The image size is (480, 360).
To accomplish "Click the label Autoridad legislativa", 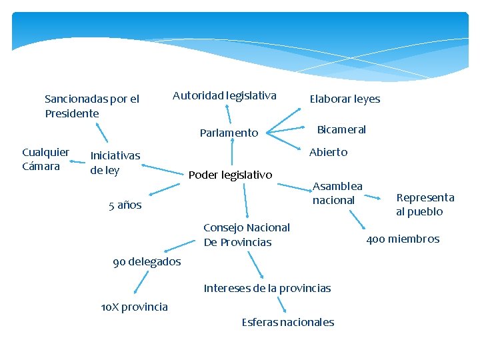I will coord(224,95).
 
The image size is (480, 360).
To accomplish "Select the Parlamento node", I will coord(229,133).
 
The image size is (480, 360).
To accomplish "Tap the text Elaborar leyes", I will coord(345,99).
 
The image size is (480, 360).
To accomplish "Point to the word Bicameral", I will coord(341,129).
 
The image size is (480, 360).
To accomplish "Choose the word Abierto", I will coord(328,152).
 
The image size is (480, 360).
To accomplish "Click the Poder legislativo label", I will coord(231,175).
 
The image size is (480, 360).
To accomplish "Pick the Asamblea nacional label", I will coord(337,193).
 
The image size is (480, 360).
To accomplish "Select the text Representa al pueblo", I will coord(425,205).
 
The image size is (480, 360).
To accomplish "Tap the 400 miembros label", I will coord(403,239).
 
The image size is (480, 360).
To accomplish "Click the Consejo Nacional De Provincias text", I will coord(246,235).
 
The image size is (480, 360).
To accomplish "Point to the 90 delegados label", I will coord(147,261).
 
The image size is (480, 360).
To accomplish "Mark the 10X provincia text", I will coord(134,307).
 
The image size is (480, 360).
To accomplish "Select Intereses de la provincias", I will coord(267,288).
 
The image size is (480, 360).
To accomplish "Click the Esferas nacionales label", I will coord(287,322).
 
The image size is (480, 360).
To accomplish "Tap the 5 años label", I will coord(125,205).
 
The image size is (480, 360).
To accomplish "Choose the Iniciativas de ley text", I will coord(115,162).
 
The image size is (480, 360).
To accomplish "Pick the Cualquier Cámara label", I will coord(45,159).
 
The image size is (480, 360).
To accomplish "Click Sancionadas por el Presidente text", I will coord(91,106).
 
